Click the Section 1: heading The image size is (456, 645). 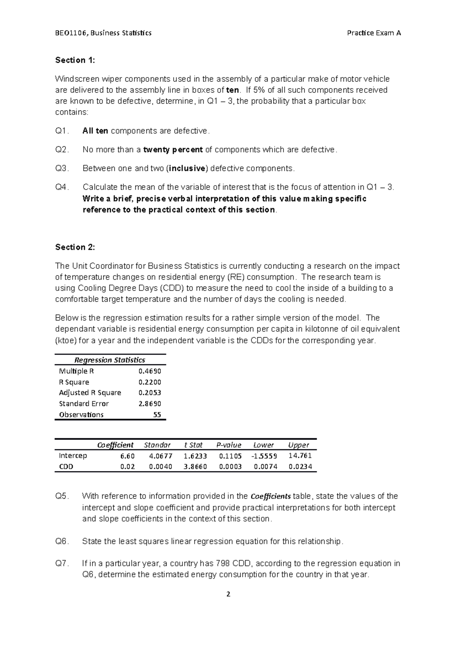(x=75, y=60)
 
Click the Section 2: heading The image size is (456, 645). (x=75, y=247)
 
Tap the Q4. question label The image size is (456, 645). (x=63, y=187)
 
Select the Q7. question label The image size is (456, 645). (x=63, y=563)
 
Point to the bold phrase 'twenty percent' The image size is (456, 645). (x=173, y=150)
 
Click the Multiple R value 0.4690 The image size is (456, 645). (x=150, y=371)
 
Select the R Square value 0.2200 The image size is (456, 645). (x=150, y=382)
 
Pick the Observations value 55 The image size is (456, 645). (x=157, y=415)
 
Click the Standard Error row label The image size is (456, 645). (x=84, y=404)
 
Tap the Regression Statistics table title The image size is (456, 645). (x=110, y=360)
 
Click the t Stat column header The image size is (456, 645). (x=193, y=445)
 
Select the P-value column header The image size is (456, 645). (x=229, y=445)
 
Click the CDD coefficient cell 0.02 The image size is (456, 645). (x=128, y=467)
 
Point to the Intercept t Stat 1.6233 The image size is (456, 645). (x=195, y=456)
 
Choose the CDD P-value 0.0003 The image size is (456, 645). (x=230, y=467)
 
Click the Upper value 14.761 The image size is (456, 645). (x=300, y=456)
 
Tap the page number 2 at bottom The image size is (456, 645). (x=228, y=594)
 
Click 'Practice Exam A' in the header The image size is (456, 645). (x=374, y=33)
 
